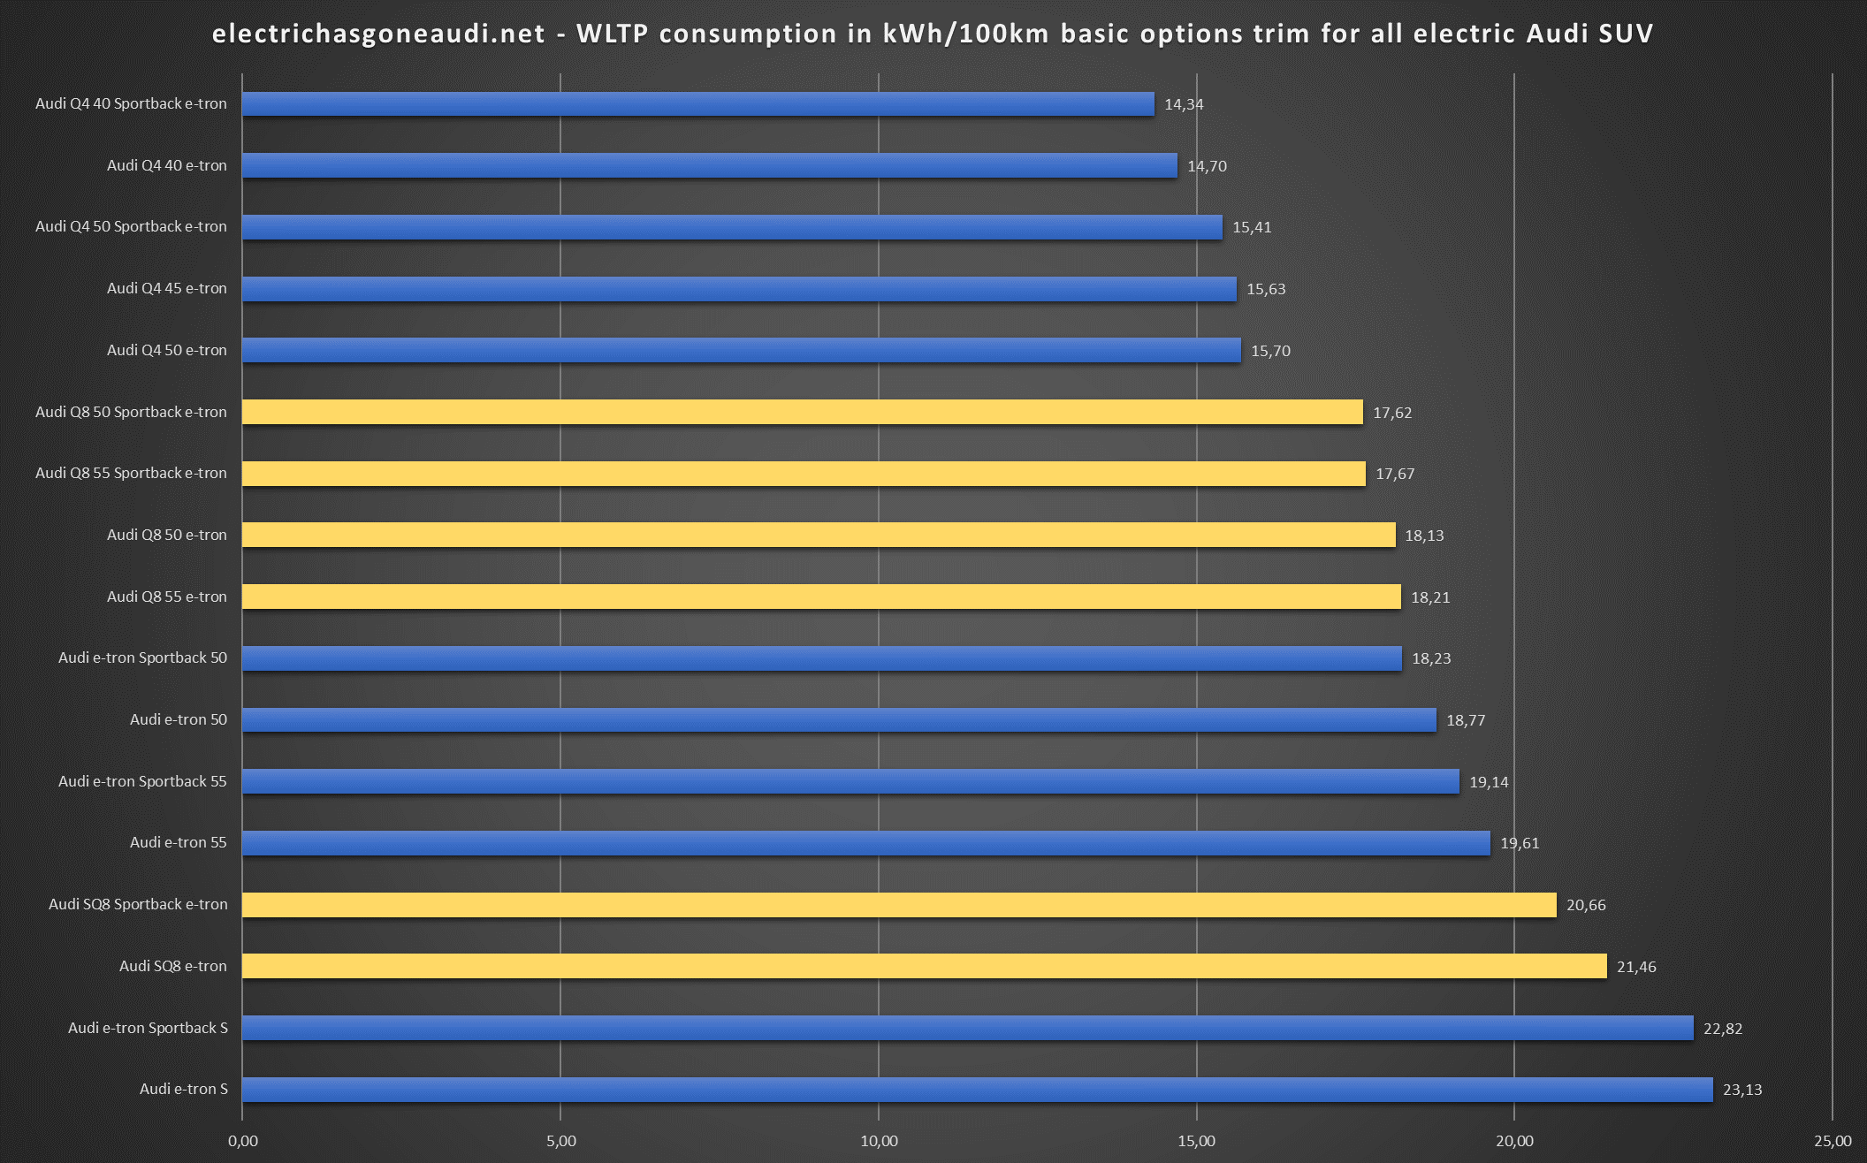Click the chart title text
pos(933,34)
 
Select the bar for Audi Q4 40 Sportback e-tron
pos(698,104)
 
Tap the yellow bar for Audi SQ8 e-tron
pos(924,966)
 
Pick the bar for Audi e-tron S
pos(977,1090)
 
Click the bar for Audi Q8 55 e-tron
pos(821,597)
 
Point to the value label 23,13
pos(1742,1090)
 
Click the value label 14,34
pos(1184,104)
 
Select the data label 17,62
pos(1392,413)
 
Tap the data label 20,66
pos(1586,905)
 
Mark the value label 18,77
pos(1466,720)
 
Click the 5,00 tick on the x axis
pos(560,1141)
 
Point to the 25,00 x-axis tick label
pos(1833,1141)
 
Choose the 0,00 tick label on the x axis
pos(243,1141)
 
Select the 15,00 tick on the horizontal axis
pos(1196,1141)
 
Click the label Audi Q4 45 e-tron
pos(166,288)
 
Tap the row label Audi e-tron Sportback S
pos(148,1028)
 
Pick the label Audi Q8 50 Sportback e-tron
pos(131,412)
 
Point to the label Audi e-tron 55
pos(178,842)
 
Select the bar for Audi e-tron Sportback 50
pos(821,658)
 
